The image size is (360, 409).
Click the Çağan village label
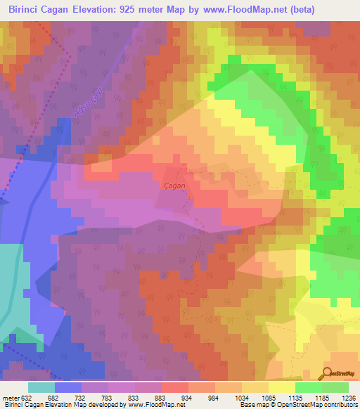[174, 184]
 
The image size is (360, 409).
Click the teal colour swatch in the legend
[41, 387]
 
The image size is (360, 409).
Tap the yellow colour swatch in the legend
[281, 387]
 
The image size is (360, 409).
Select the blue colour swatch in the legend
[68, 387]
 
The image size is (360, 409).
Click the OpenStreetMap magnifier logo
[328, 372]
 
